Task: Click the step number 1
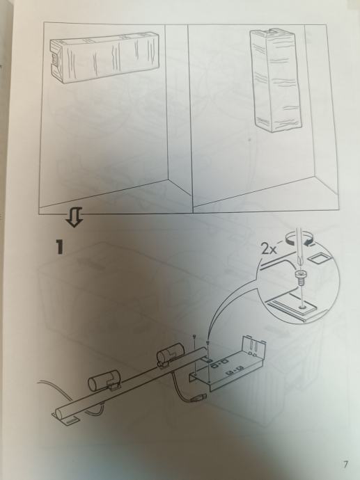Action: point(59,247)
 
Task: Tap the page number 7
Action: point(345,465)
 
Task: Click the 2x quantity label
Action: point(269,250)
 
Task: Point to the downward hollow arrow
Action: point(74,217)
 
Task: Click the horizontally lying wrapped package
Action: point(104,57)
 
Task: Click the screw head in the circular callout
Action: point(300,274)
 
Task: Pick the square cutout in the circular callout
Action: point(320,258)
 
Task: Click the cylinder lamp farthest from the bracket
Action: point(104,380)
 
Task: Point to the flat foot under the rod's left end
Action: point(66,419)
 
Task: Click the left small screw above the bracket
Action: point(195,337)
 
